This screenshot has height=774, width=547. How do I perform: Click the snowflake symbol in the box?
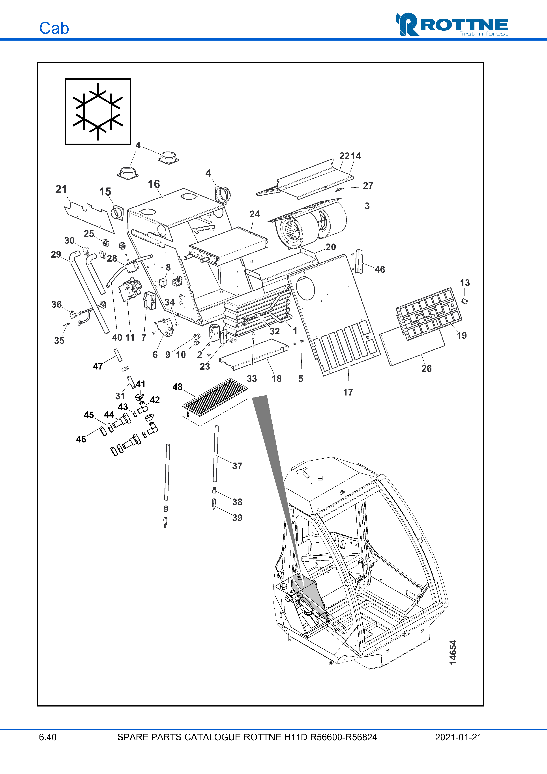(x=98, y=111)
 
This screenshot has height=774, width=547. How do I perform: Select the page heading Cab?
(x=54, y=28)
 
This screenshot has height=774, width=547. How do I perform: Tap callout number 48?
(x=178, y=387)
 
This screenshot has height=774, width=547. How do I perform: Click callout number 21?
(x=61, y=189)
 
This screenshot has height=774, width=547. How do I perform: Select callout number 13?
(x=465, y=283)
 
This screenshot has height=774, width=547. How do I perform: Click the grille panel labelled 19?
(x=429, y=313)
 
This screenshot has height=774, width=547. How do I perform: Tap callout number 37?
(x=237, y=466)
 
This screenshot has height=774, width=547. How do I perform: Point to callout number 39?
(x=237, y=517)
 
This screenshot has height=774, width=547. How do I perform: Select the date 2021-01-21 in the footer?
(x=458, y=737)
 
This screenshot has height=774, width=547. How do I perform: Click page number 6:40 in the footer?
(x=48, y=737)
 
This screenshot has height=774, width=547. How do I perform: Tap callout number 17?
(x=348, y=392)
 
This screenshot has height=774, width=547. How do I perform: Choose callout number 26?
(x=426, y=368)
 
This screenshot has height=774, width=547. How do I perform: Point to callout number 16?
(x=154, y=184)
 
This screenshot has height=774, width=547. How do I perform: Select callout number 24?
(x=255, y=214)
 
